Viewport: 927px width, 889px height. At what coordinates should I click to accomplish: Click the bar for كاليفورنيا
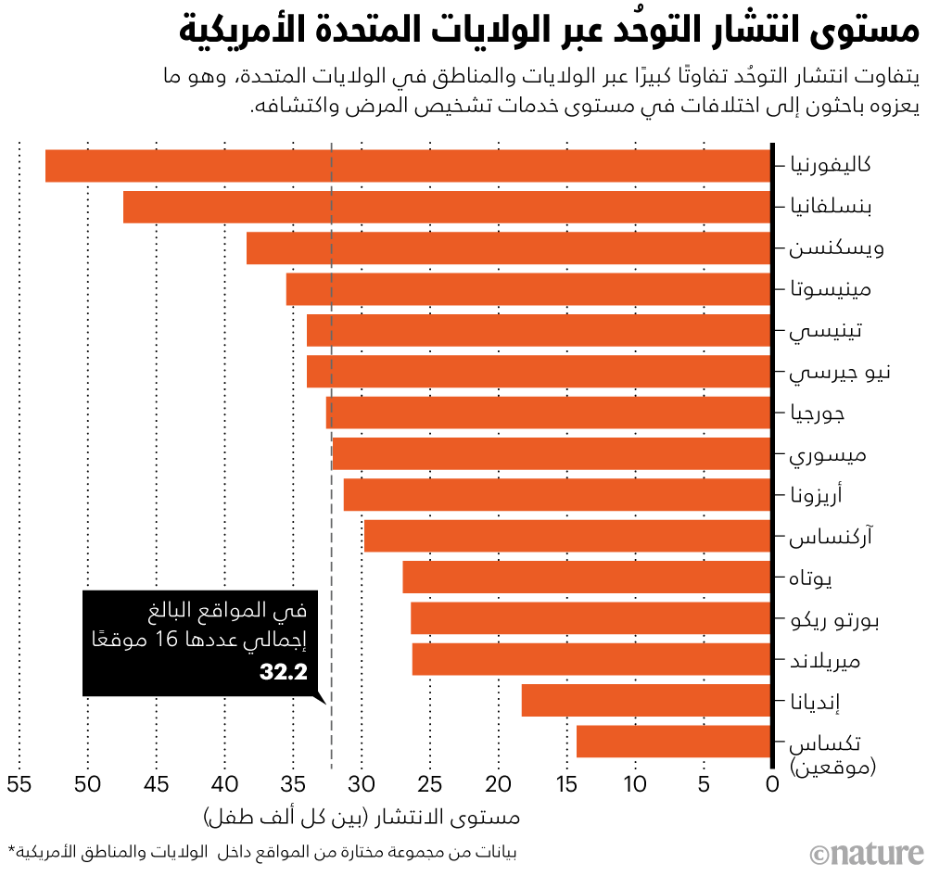click(408, 166)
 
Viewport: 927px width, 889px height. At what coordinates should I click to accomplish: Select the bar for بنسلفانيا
click(447, 207)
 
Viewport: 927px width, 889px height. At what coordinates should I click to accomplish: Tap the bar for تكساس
click(674, 742)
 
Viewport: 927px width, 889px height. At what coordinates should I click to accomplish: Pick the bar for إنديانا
click(646, 701)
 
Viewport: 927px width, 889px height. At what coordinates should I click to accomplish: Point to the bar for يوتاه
click(587, 578)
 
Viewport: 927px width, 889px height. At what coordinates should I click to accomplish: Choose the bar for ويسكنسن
click(509, 248)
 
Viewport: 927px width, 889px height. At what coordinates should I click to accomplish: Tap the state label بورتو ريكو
click(829, 619)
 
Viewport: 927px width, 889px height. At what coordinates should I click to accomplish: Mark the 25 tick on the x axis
click(430, 785)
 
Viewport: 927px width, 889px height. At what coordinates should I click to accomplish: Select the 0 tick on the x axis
click(772, 785)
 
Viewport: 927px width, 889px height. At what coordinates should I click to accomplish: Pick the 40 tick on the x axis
click(224, 785)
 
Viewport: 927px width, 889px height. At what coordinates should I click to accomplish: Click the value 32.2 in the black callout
click(283, 672)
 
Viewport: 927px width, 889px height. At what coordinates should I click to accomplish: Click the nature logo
click(866, 854)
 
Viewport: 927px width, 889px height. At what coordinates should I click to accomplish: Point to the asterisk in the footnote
click(11, 851)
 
